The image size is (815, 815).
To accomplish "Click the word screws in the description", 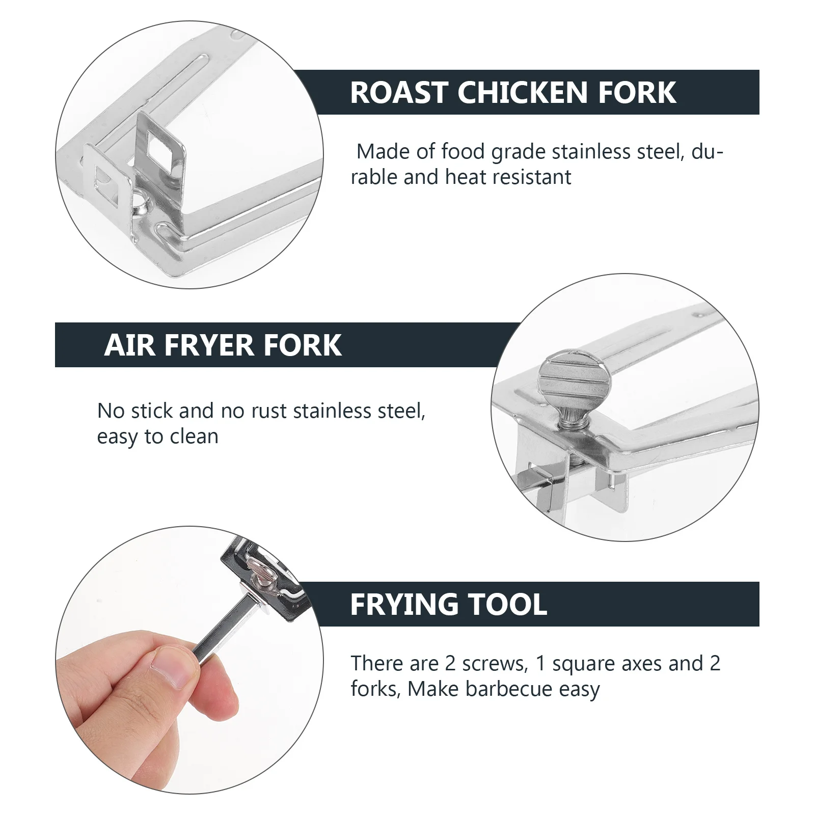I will pyautogui.click(x=493, y=664).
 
